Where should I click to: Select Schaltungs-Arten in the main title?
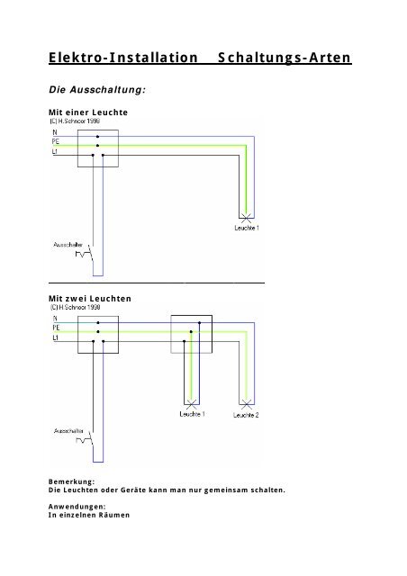285,59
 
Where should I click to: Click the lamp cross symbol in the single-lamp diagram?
246,218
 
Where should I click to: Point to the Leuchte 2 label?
246,415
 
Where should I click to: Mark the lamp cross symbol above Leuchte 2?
245,402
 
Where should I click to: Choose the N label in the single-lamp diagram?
55,133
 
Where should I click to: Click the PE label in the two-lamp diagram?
56,328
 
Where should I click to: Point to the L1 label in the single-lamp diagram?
56,153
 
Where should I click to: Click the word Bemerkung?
72,481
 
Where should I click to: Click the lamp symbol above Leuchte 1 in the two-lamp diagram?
190,402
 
